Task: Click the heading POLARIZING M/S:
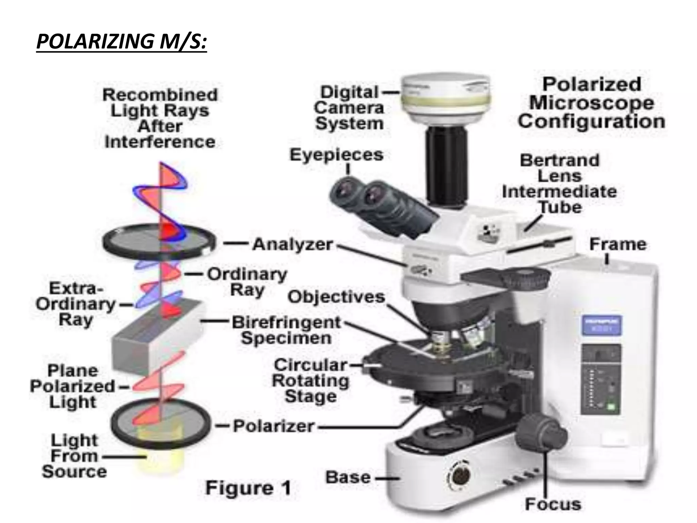121,42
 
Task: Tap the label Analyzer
292,244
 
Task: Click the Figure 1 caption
248,488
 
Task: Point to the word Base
348,477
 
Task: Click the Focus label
553,504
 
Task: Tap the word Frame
618,244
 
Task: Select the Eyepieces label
336,155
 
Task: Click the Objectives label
336,297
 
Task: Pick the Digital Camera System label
349,108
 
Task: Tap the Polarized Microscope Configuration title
591,103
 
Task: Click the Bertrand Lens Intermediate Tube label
560,184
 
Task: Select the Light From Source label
74,456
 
